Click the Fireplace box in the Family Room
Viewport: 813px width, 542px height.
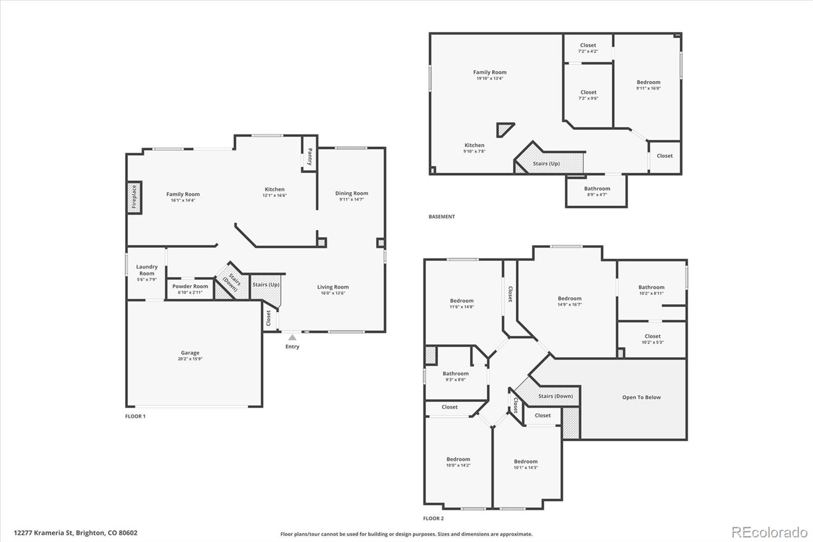click(x=134, y=197)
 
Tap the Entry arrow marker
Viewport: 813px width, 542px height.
click(x=292, y=338)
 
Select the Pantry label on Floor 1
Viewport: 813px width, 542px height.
click(x=309, y=157)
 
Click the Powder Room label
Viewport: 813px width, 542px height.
click(x=190, y=286)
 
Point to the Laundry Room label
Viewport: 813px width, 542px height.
click(x=147, y=270)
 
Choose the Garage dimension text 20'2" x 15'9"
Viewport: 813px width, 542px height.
click(x=190, y=359)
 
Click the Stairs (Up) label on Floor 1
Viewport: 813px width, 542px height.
click(x=266, y=284)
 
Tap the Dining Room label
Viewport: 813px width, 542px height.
click(x=351, y=193)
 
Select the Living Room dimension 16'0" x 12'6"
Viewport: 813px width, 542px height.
click(x=333, y=293)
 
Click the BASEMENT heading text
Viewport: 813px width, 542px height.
click(x=442, y=217)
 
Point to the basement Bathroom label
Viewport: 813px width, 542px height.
click(x=597, y=189)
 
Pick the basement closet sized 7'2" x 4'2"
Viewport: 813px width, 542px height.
click(x=588, y=48)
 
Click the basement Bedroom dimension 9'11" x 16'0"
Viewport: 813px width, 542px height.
click(x=648, y=88)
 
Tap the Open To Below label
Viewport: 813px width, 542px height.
click(x=641, y=398)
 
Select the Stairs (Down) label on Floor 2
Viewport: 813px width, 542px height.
click(x=555, y=396)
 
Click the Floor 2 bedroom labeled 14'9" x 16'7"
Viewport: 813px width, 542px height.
click(x=570, y=301)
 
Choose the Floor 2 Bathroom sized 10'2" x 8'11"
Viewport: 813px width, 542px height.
click(x=651, y=290)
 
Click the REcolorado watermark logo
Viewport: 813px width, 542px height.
click(x=769, y=532)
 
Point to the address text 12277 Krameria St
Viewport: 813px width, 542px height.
click(x=44, y=533)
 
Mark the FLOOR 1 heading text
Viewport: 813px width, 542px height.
click(x=135, y=416)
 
